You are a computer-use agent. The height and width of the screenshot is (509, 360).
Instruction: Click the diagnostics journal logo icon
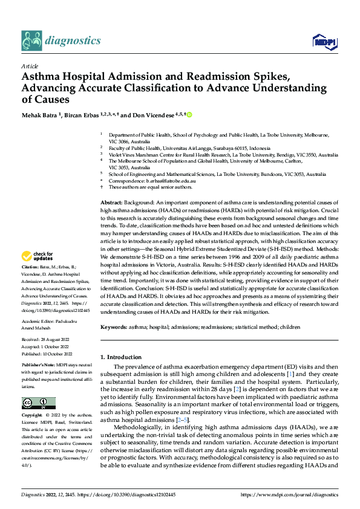tap(31, 41)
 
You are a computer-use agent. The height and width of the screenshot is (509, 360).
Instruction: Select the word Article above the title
tap(30, 66)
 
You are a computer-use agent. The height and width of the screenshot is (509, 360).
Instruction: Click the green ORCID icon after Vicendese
tap(189, 114)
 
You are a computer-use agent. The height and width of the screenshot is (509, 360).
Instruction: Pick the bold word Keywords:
tap(113, 326)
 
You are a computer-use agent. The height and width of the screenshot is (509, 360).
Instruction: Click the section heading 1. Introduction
tap(121, 357)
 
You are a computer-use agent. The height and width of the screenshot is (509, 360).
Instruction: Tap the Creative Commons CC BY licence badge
tap(38, 403)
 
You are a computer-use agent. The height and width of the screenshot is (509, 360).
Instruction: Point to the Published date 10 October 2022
tap(56, 354)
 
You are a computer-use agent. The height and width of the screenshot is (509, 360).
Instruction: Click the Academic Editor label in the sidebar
tap(40, 322)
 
